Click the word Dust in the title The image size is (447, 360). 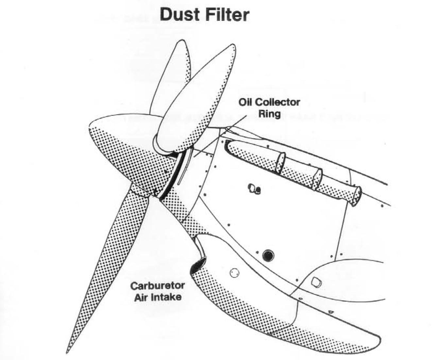(x=179, y=15)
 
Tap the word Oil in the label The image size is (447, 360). (x=246, y=102)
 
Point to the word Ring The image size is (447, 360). (x=269, y=114)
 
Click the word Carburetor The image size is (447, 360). (x=157, y=286)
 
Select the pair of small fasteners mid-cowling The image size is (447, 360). (x=254, y=189)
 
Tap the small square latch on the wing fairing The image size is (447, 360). (x=315, y=281)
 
